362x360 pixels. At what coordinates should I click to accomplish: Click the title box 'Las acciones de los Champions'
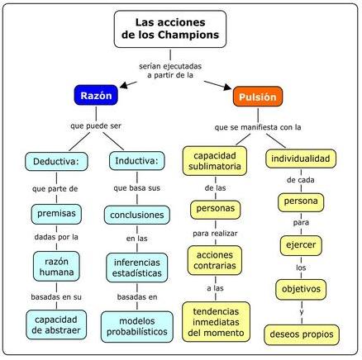(170, 29)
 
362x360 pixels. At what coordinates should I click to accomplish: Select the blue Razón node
(96, 95)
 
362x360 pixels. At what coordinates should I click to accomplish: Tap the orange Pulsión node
(258, 97)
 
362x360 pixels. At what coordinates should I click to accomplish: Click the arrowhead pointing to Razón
(124, 85)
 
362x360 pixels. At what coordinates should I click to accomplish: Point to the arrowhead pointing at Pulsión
(227, 87)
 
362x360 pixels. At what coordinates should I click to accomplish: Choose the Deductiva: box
(56, 161)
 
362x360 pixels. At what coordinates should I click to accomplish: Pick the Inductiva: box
(137, 161)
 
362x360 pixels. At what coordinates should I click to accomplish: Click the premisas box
(56, 214)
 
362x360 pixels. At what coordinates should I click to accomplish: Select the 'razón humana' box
(56, 267)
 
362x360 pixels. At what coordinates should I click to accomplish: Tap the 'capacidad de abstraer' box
(56, 324)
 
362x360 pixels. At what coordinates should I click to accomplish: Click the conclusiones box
(137, 215)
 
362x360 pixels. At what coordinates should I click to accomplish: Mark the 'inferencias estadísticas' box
(137, 268)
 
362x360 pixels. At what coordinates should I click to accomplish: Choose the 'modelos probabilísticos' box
(137, 327)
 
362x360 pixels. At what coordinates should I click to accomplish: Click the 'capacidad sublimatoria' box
(215, 161)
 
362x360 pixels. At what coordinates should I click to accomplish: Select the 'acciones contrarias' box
(215, 260)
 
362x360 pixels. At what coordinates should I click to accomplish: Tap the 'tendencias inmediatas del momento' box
(216, 322)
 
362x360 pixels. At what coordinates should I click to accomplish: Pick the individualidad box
(301, 159)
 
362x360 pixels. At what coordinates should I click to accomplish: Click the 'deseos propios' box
(302, 334)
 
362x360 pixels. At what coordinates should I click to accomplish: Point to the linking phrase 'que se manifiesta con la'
(258, 127)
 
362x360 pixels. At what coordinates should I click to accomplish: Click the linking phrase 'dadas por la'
(56, 237)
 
